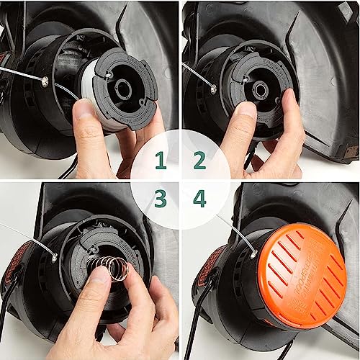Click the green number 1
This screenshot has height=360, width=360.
tap(160, 163)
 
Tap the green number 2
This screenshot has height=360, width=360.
tap(199, 163)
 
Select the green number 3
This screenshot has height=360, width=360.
tap(160, 197)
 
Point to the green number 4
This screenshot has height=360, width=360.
tap(199, 197)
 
